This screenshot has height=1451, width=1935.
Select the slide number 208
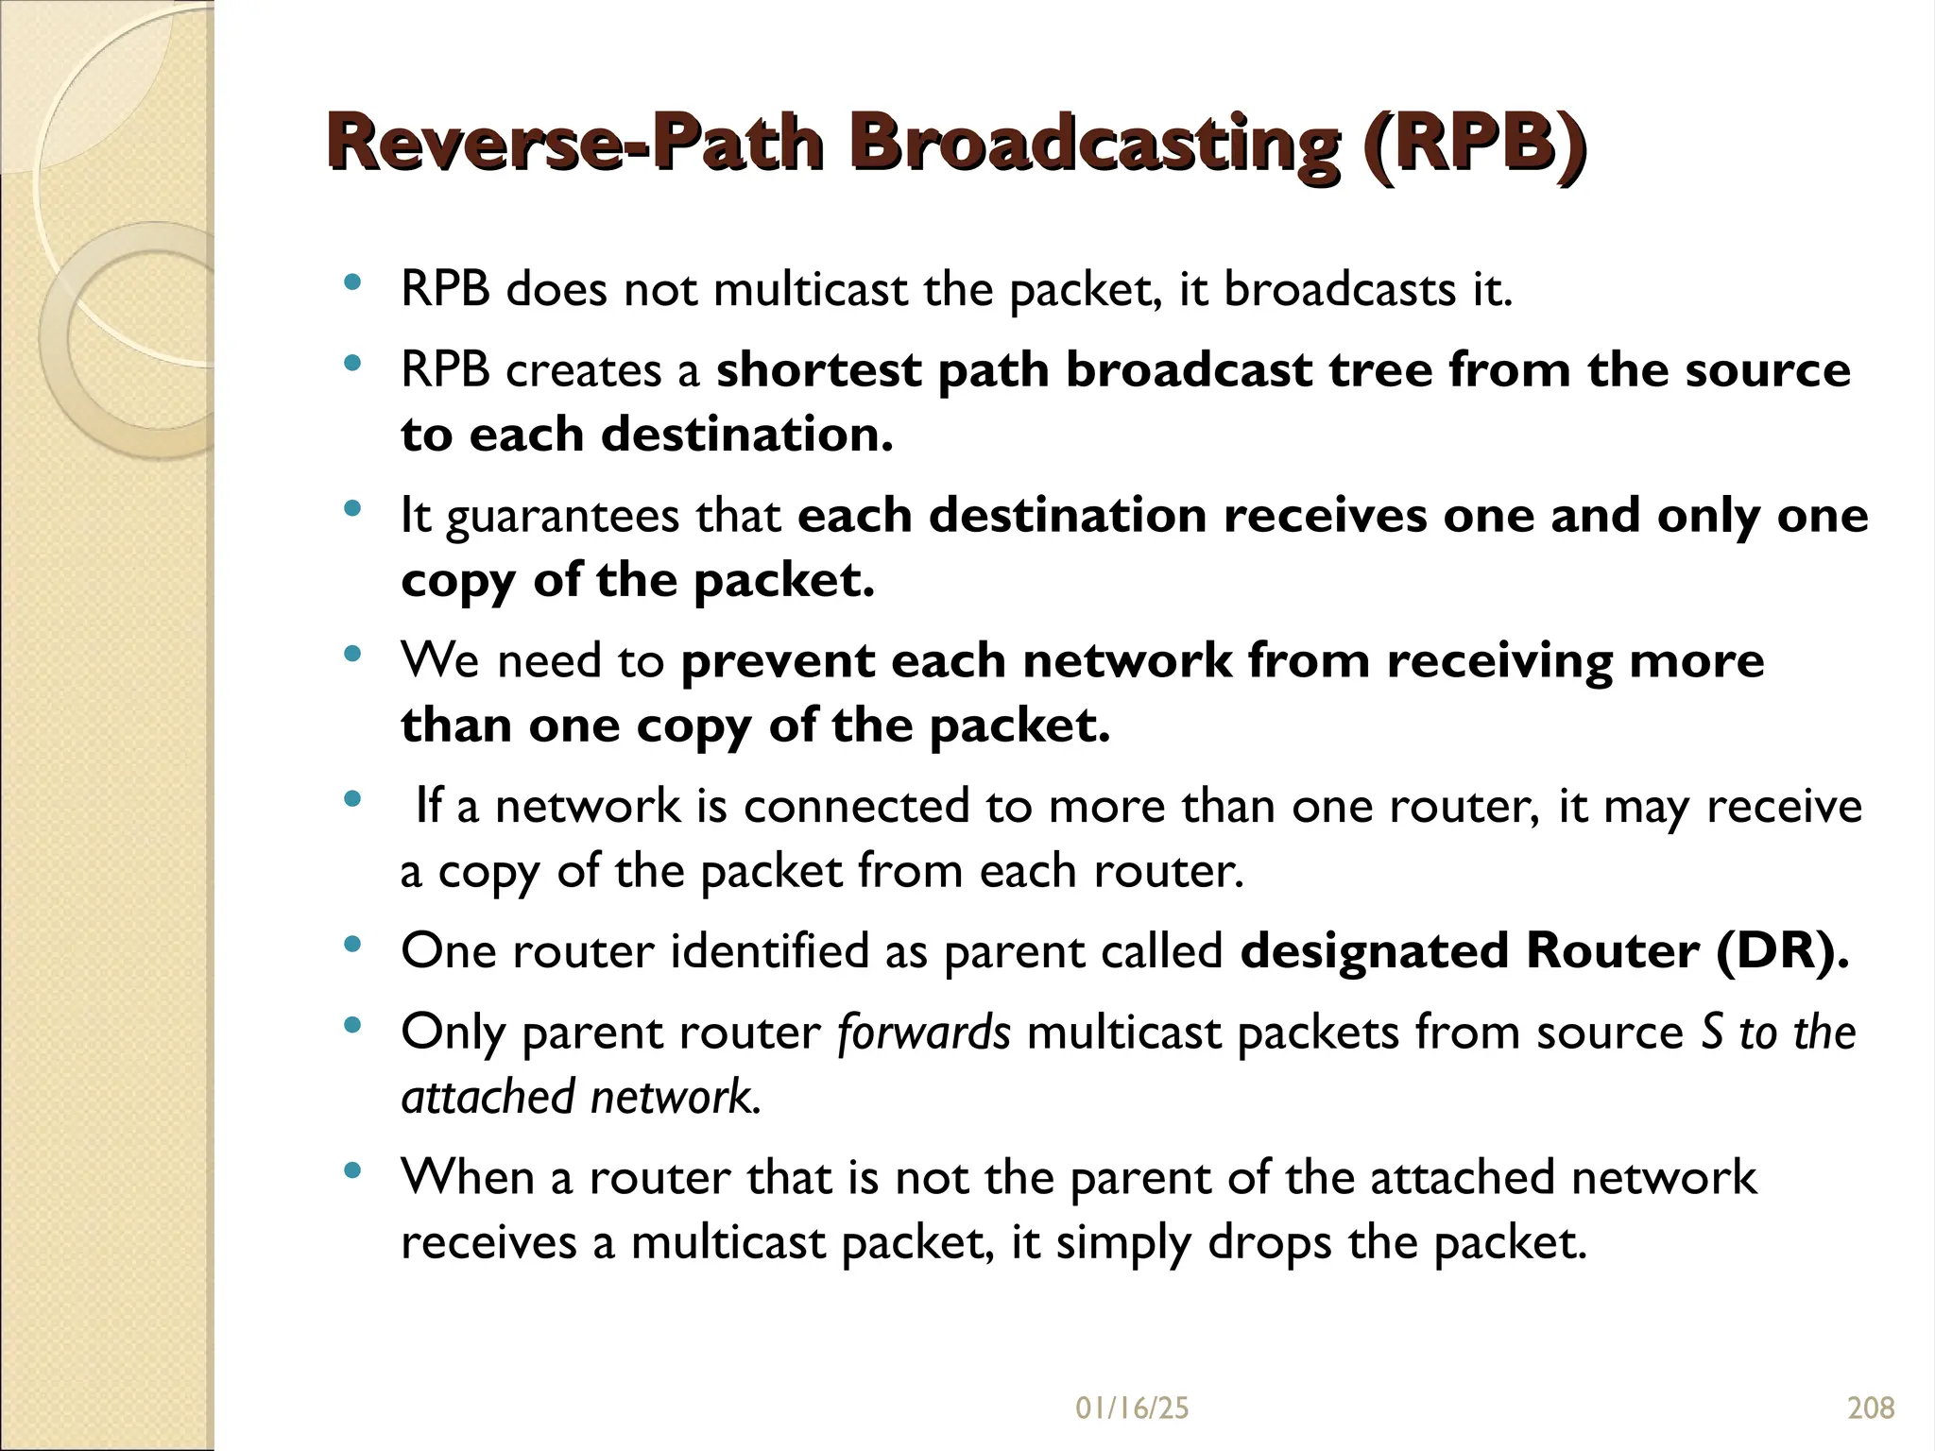coord(1871,1408)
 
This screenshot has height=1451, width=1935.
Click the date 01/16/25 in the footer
coord(1132,1408)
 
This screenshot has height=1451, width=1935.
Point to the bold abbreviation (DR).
coord(1781,951)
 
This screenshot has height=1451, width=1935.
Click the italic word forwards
coord(923,1032)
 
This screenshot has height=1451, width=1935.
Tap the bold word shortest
coord(818,369)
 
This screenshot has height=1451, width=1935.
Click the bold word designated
coord(1375,951)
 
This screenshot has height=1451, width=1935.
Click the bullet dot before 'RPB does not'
coord(352,282)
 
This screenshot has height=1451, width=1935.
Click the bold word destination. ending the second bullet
coord(746,435)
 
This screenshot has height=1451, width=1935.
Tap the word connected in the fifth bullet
coord(856,807)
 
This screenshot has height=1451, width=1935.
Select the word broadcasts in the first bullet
coord(1340,289)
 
